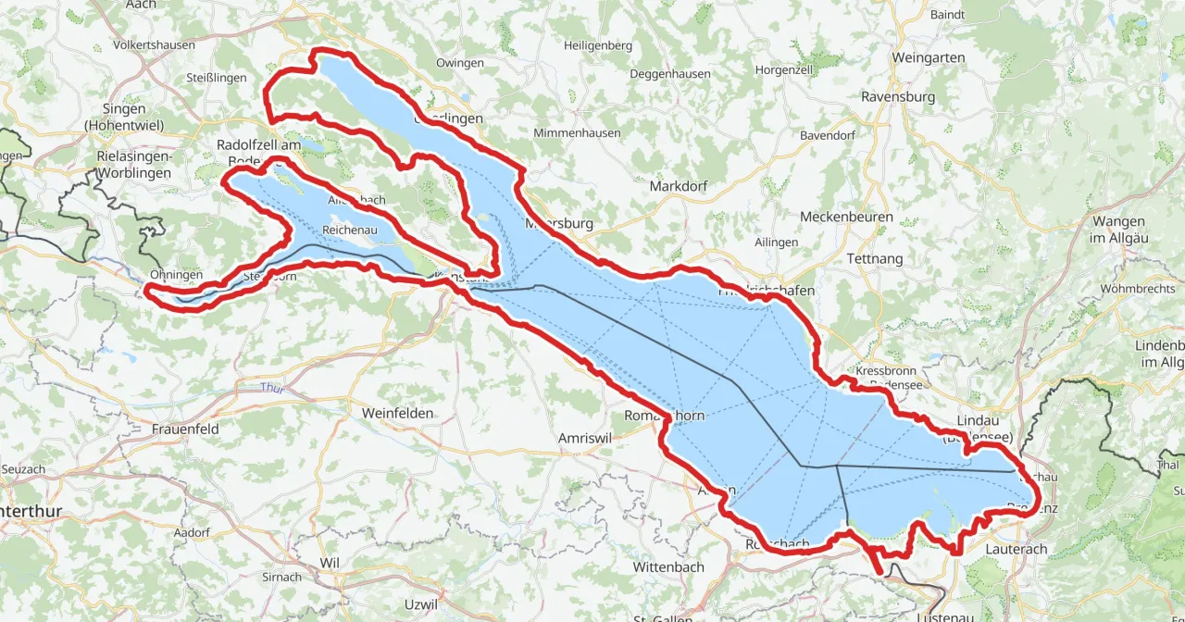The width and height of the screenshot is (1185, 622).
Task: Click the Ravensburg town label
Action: click(x=897, y=96)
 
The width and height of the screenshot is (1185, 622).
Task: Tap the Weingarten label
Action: click(x=928, y=57)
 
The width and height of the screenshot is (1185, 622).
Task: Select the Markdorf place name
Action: click(x=679, y=186)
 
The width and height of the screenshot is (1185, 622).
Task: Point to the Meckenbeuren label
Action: click(x=846, y=218)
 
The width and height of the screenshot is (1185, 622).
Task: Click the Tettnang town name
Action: click(x=874, y=259)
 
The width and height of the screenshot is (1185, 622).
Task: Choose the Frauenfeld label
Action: click(x=185, y=429)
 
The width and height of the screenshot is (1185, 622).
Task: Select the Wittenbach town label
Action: click(x=668, y=566)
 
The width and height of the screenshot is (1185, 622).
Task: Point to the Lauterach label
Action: click(x=1017, y=549)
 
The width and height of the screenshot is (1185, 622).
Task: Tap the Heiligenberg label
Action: click(x=598, y=45)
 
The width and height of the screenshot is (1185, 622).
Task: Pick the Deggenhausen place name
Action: click(x=670, y=74)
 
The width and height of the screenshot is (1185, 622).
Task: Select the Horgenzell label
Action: click(x=784, y=70)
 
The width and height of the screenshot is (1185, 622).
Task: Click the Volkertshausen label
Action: click(x=154, y=44)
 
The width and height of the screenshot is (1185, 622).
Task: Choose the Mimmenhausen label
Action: click(x=577, y=133)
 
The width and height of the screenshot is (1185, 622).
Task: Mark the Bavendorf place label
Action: click(x=828, y=135)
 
